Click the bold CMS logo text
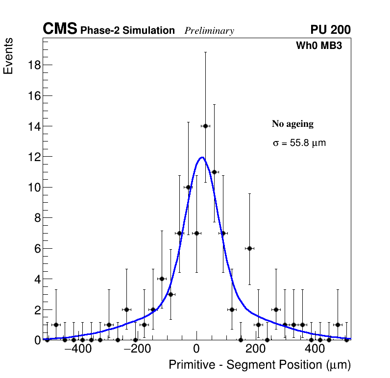tap(60, 29)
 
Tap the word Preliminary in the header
tap(209, 31)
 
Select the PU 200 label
tap(330, 30)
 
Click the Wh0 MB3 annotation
tap(318, 46)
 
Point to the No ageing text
tap(292, 124)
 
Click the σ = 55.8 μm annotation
tap(299, 143)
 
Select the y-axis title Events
tap(8, 56)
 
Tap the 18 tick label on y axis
tap(33, 65)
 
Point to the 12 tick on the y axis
tap(33, 157)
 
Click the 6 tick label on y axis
tap(36, 249)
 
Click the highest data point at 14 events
tap(205, 126)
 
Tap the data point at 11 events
tap(214, 172)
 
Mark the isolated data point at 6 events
tap(249, 248)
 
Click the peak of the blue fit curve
tap(202, 157)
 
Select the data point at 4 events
tap(162, 279)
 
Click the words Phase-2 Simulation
tap(127, 31)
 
